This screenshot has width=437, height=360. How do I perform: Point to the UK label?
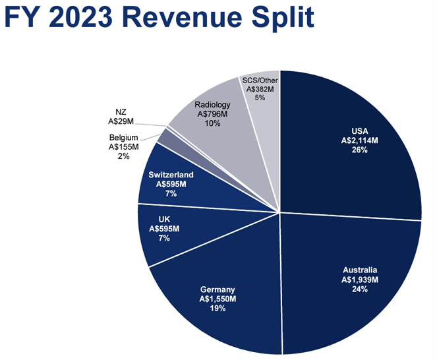(x=165, y=218)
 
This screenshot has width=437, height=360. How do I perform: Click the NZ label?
(x=120, y=111)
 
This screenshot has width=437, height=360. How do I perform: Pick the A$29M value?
(x=120, y=121)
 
